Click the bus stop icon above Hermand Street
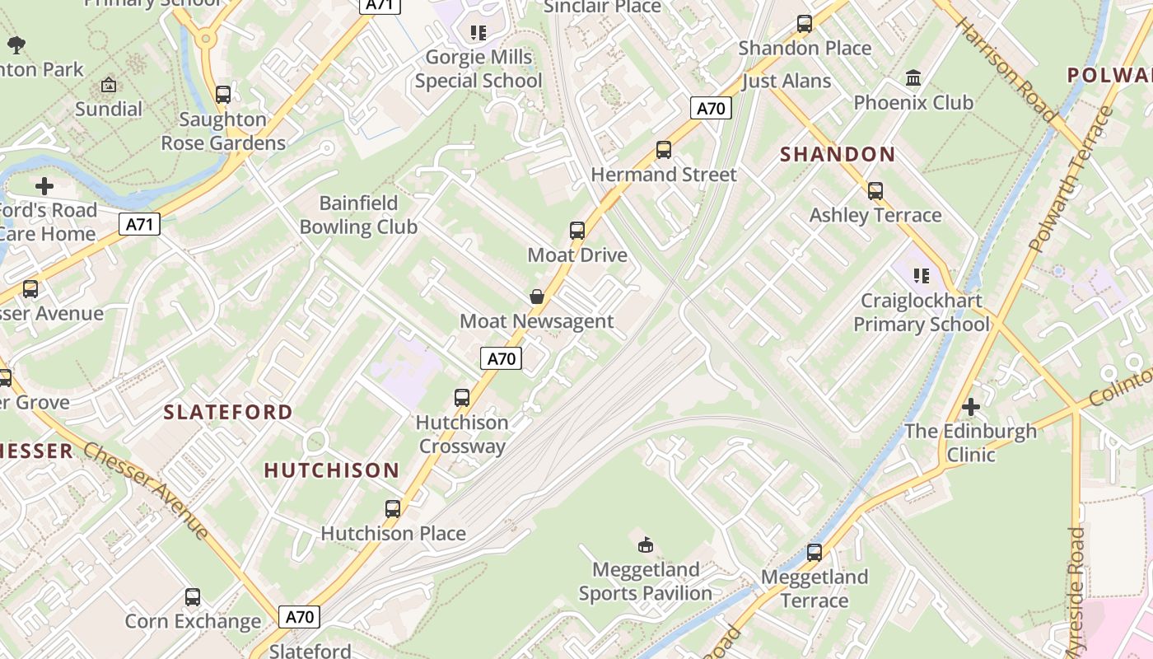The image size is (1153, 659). [x=663, y=150]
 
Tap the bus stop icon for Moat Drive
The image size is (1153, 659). [x=577, y=231]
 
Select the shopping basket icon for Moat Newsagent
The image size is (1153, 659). [x=537, y=297]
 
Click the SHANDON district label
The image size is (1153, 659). [x=838, y=155]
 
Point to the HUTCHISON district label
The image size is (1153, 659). [x=332, y=470]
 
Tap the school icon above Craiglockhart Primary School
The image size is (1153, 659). [x=921, y=275]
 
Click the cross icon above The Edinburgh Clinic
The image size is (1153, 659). [x=971, y=407]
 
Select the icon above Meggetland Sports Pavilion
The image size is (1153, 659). [x=646, y=544]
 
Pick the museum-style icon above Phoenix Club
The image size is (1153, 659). [x=913, y=78]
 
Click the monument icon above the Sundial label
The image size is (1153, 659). [x=108, y=85]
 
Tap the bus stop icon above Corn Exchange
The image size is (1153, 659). [x=193, y=596]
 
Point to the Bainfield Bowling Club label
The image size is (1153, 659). [x=358, y=215]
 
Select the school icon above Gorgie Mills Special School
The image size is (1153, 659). [x=478, y=33]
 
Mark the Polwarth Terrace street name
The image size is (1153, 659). [x=1069, y=180]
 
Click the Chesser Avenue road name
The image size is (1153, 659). [x=147, y=492]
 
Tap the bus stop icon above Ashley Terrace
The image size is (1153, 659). [x=875, y=191]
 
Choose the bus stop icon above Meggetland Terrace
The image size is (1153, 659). [x=815, y=552]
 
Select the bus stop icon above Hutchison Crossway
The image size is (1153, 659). [x=462, y=398]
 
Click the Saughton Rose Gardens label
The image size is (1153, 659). [x=223, y=131]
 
